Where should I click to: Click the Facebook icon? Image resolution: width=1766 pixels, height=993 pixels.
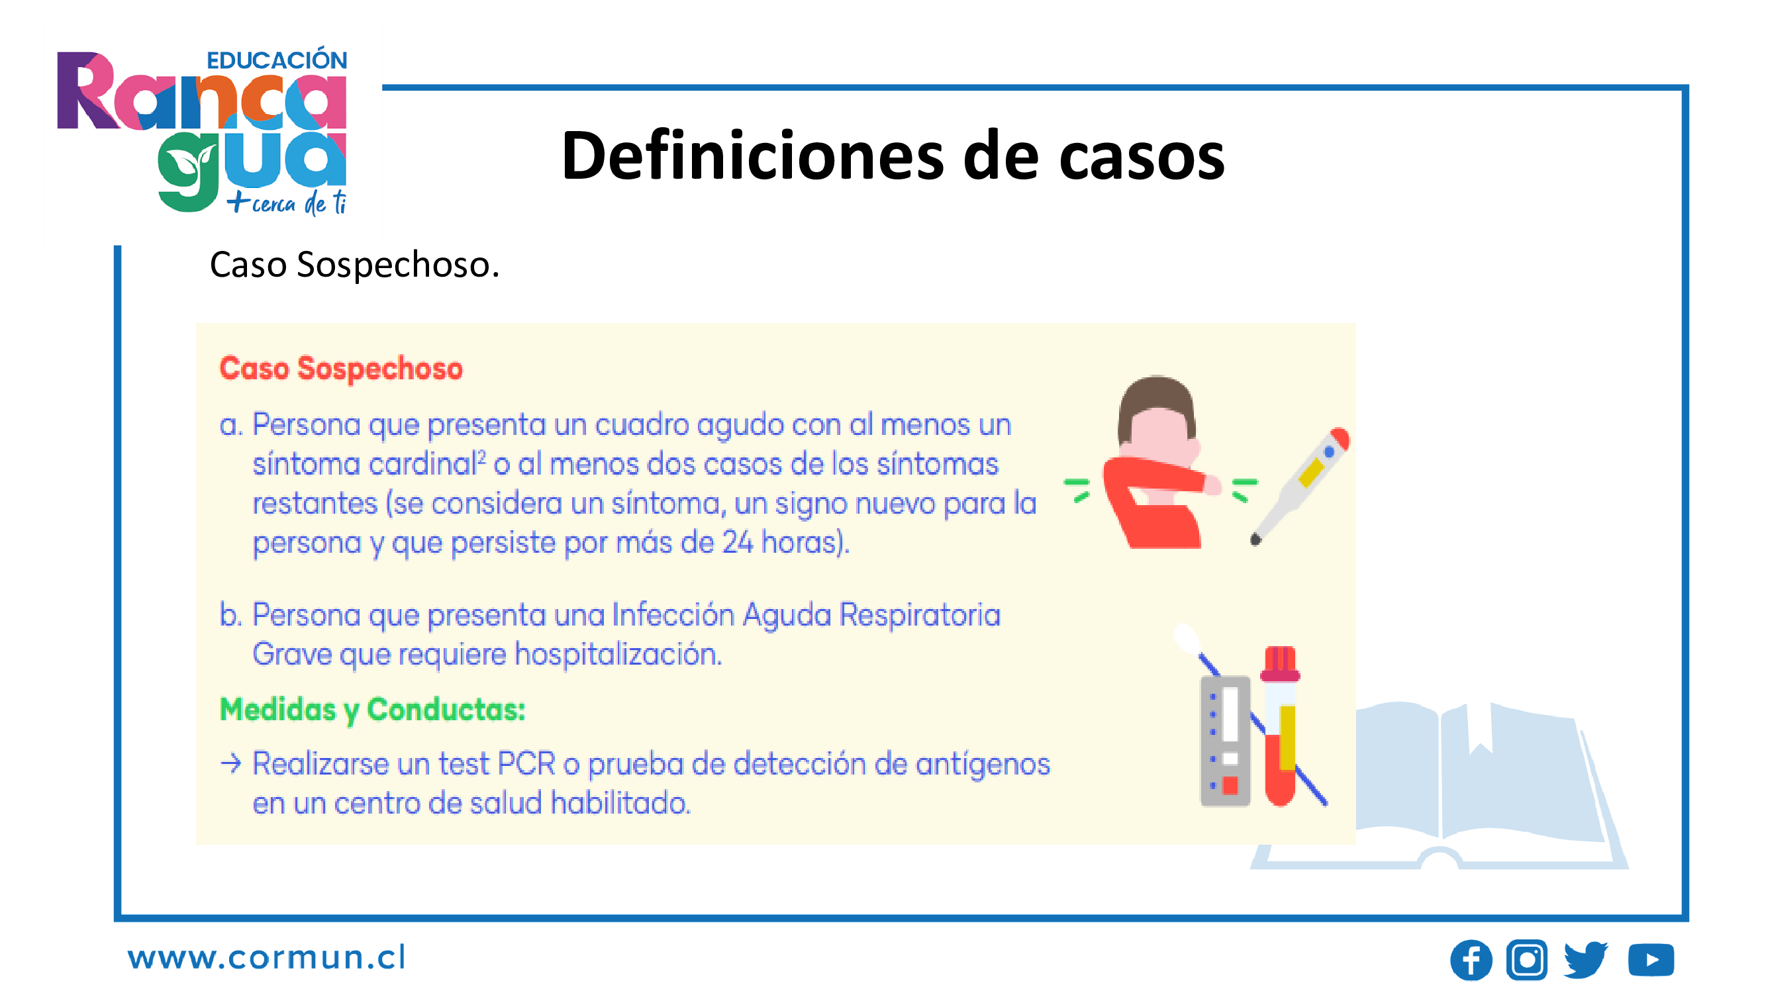[x=1471, y=959]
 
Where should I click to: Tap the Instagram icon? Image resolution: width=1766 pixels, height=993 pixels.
[x=1527, y=959]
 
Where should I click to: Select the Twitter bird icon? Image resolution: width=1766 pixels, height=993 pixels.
[x=1586, y=959]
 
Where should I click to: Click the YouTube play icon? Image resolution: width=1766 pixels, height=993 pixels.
[x=1651, y=959]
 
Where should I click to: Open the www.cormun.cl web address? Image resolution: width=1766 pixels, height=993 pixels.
[x=267, y=957]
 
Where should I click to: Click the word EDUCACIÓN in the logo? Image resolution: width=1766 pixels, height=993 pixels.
[x=277, y=60]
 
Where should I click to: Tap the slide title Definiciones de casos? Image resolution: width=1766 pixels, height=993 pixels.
[x=893, y=156]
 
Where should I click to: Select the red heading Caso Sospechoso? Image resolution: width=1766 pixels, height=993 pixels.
[x=341, y=369]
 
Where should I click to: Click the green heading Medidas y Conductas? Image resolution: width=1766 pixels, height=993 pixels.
[x=372, y=710]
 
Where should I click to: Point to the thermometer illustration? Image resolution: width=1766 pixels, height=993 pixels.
[x=1300, y=485]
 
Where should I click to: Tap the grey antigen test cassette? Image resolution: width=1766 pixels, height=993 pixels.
[x=1225, y=741]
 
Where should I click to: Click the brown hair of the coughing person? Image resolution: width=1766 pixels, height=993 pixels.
[x=1156, y=406]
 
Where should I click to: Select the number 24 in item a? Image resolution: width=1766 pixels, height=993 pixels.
[x=738, y=543]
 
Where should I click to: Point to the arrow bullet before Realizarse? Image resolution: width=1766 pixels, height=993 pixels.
[x=231, y=763]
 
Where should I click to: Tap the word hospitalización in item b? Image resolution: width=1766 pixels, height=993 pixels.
[x=618, y=655]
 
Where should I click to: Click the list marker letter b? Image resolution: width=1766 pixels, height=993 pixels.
[x=229, y=615]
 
